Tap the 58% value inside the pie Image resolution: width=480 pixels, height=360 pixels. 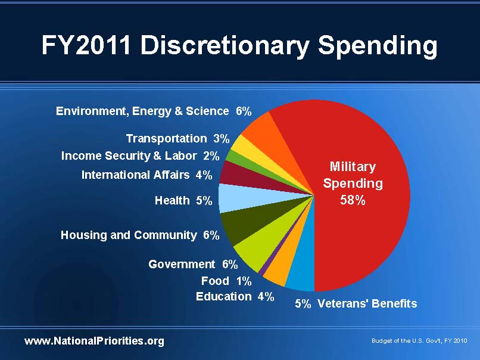(x=353, y=200)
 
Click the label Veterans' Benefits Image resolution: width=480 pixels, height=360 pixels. (x=367, y=303)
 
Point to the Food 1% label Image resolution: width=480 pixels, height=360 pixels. (x=226, y=281)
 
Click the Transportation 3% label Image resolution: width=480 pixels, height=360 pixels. (x=177, y=138)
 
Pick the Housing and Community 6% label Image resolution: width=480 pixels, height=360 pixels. (x=140, y=235)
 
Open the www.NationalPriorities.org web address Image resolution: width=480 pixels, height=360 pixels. (x=94, y=341)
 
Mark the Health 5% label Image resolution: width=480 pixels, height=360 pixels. (x=183, y=200)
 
